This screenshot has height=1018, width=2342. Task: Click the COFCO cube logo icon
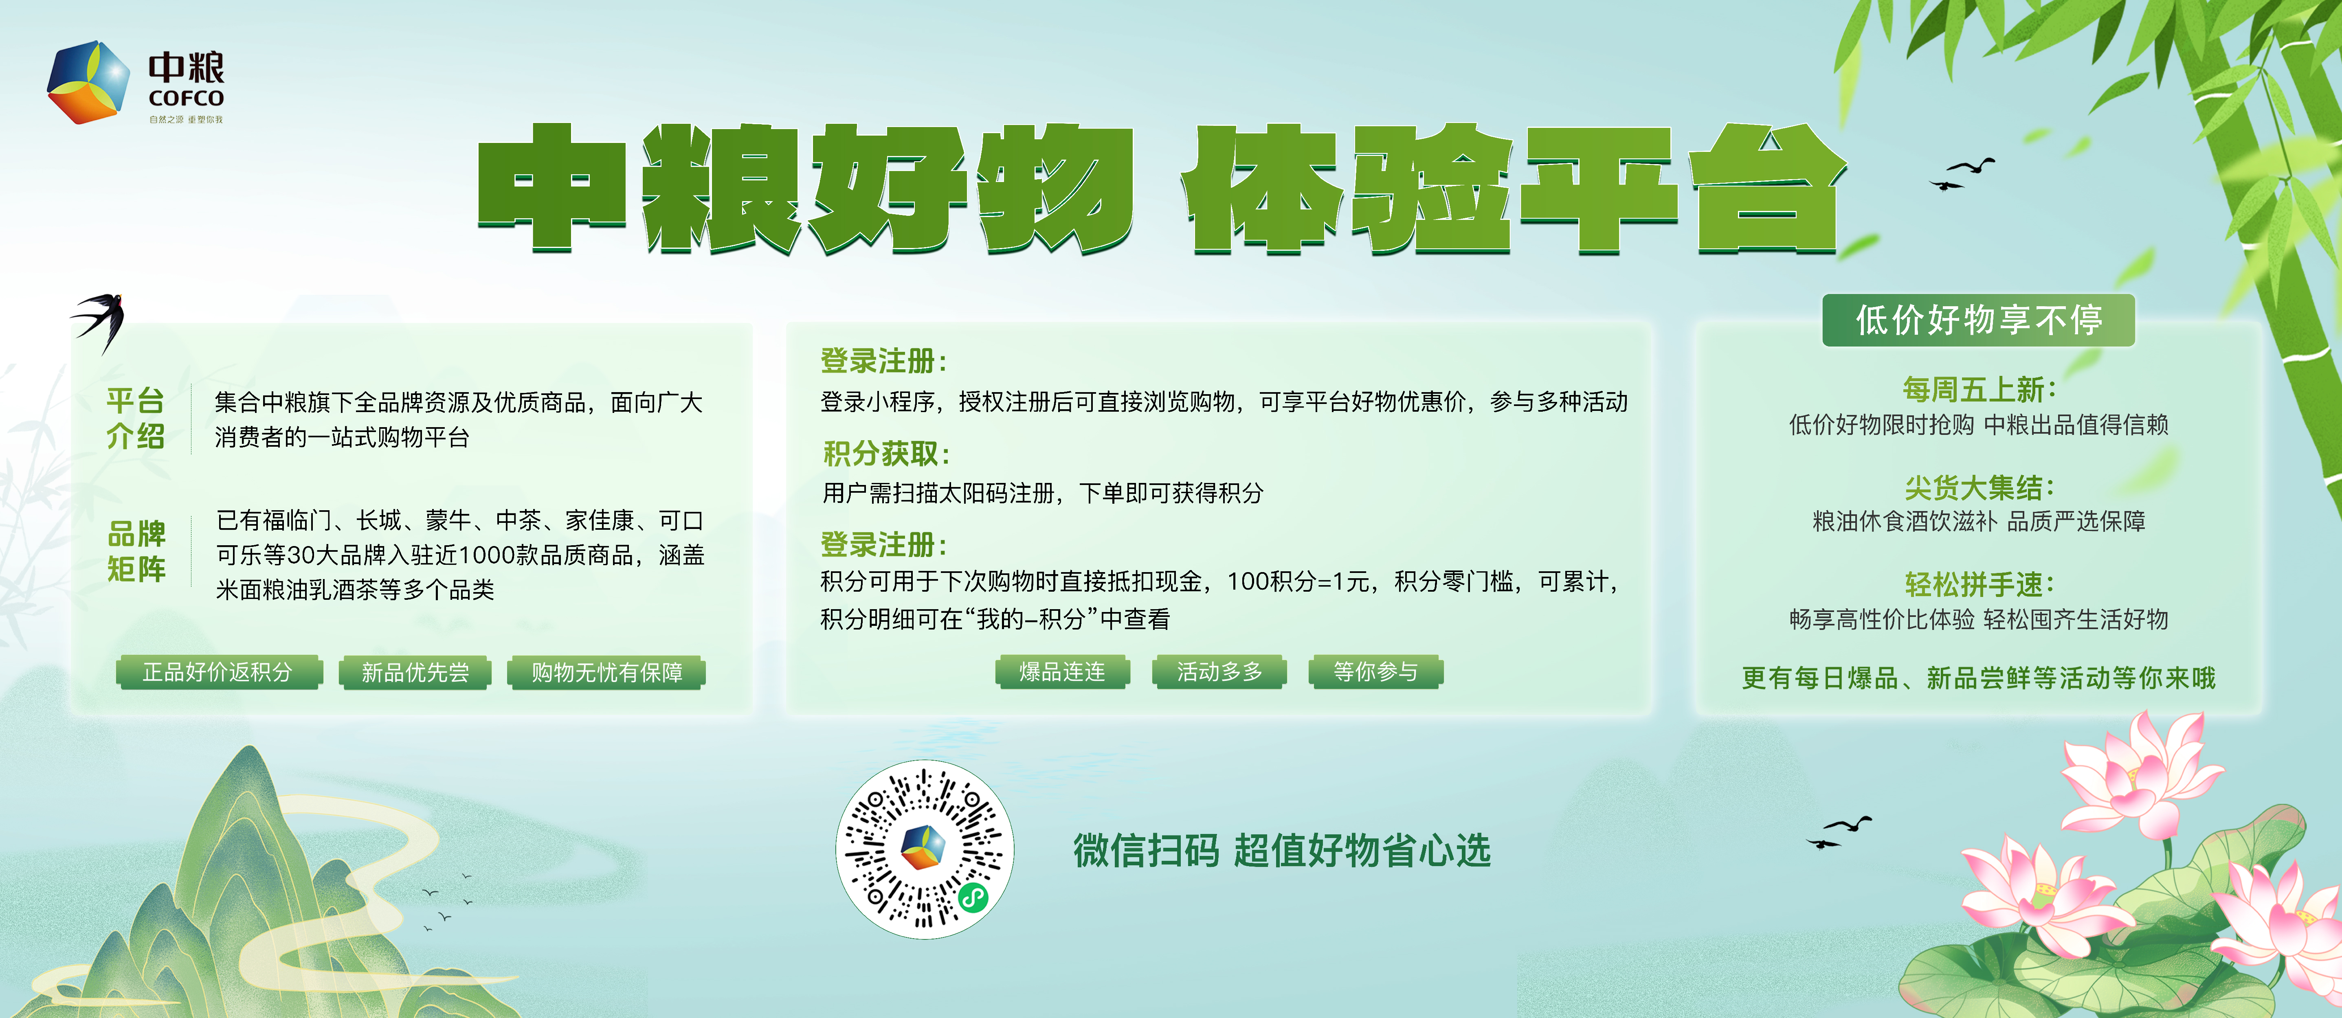(88, 82)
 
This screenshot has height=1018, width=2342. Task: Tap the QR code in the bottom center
(925, 850)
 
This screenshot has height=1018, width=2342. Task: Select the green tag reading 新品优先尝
(415, 673)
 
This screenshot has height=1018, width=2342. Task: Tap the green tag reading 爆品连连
(1062, 672)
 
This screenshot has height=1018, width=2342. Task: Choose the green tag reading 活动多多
(1219, 672)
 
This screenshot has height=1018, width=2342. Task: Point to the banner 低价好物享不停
(1978, 320)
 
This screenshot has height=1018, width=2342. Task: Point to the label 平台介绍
(136, 418)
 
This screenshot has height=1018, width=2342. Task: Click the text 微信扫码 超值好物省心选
(1282, 851)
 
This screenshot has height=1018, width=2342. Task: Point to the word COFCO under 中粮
(187, 98)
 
